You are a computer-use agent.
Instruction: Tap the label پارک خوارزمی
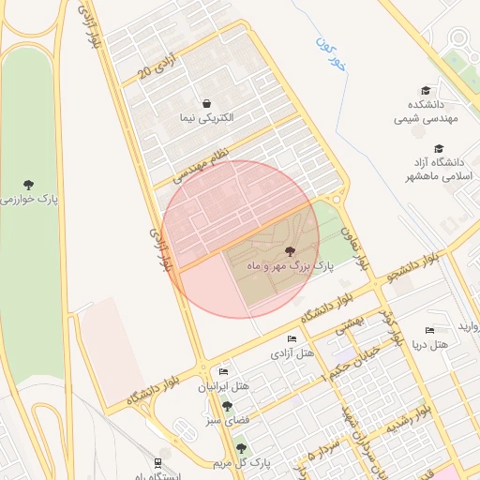pos(31,200)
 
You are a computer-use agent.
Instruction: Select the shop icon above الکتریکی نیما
pos(206,103)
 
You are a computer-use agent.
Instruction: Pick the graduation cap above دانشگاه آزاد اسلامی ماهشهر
pos(439,148)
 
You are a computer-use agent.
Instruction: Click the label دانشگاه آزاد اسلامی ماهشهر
pos(438,170)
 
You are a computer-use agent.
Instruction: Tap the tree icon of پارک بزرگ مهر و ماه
pos(289,251)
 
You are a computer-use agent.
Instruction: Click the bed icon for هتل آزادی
pos(292,338)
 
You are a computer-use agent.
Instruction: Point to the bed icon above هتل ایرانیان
pos(223,371)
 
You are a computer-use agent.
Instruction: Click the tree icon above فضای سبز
pos(227,405)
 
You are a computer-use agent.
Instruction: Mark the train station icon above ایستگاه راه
pos(157,462)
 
